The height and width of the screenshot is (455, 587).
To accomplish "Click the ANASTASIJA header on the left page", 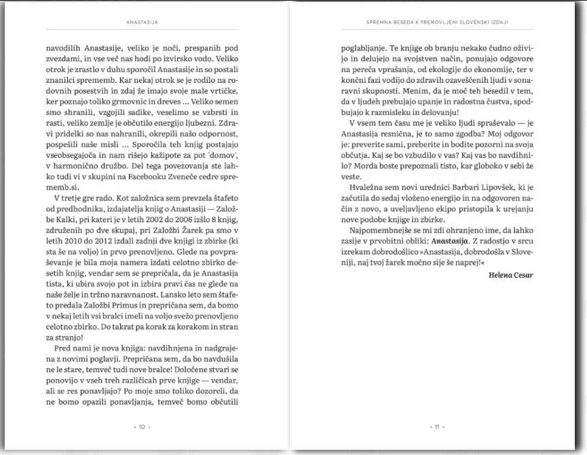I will [143, 22].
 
